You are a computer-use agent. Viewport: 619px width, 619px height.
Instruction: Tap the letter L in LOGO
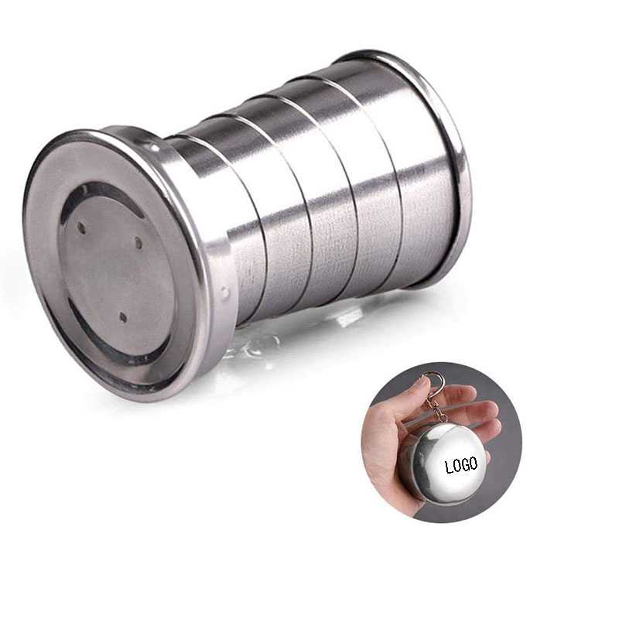[x=449, y=467]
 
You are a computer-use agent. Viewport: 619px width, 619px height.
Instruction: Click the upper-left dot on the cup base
[x=82, y=227]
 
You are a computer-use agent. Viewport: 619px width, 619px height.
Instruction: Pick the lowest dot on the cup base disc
[x=122, y=316]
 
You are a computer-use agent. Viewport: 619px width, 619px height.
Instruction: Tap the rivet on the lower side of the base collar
[x=225, y=293]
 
